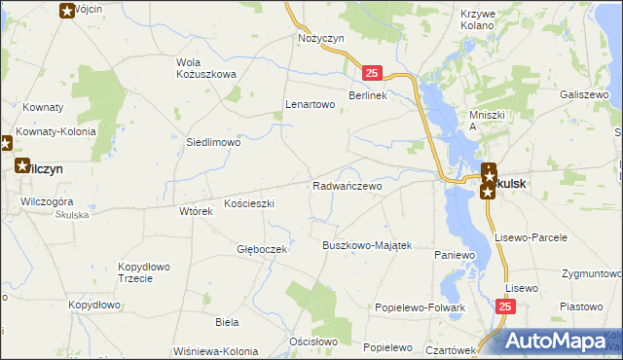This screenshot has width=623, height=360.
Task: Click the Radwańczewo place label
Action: tap(347, 186)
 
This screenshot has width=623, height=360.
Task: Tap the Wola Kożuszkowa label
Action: tap(206, 69)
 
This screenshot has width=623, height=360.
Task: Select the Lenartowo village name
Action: tap(310, 104)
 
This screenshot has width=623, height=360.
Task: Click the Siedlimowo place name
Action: tap(213, 142)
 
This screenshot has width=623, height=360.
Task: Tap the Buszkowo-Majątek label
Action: tap(368, 245)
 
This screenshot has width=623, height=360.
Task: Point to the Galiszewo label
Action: tap(584, 95)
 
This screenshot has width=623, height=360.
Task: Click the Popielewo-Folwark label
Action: tap(421, 307)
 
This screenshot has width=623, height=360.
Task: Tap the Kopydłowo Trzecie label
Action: tap(144, 272)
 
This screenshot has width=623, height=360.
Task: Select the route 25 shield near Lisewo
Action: tap(504, 307)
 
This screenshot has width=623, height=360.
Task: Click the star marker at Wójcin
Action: tap(66, 11)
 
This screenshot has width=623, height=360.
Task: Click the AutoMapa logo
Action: tap(556, 342)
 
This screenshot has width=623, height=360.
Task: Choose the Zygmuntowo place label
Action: tap(591, 273)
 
